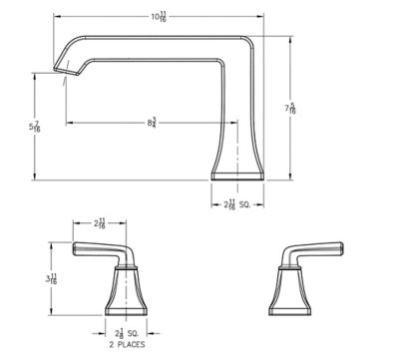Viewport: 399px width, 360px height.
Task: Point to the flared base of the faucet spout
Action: [x=238, y=165]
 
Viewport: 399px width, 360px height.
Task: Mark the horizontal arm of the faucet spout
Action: [x=150, y=46]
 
